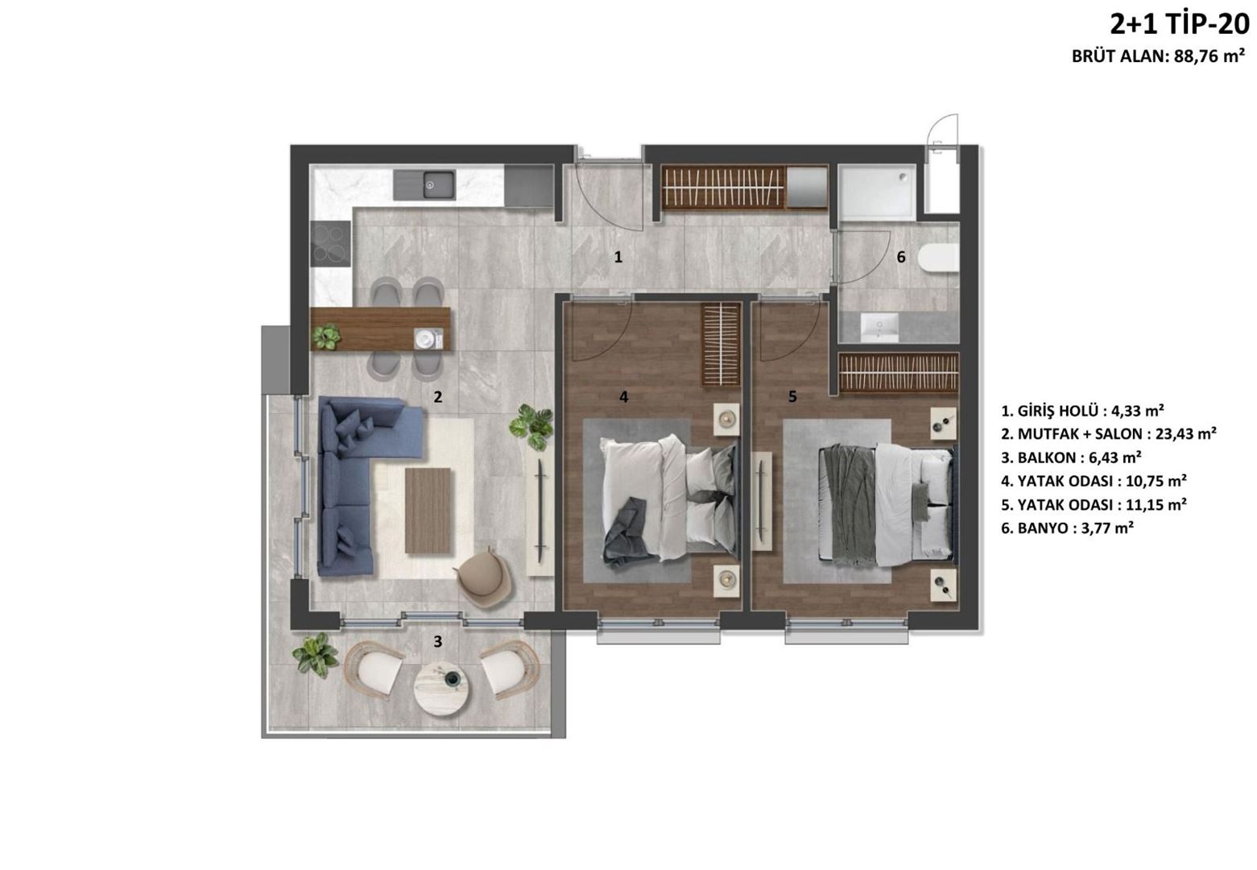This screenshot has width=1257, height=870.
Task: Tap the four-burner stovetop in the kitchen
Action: pyautogui.click(x=330, y=243)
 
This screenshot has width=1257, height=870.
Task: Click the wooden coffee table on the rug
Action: pyautogui.click(x=428, y=511)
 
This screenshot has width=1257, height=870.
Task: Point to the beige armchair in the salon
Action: pyautogui.click(x=485, y=579)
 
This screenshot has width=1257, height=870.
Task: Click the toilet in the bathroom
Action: pyautogui.click(x=938, y=259)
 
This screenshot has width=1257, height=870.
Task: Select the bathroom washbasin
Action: pyautogui.click(x=879, y=328)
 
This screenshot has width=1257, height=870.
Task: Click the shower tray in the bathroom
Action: pyautogui.click(x=877, y=193)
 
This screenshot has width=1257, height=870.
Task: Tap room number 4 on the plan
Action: pyautogui.click(x=623, y=397)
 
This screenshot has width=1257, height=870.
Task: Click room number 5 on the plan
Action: pyautogui.click(x=792, y=397)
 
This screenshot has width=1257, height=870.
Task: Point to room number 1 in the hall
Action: pyautogui.click(x=618, y=257)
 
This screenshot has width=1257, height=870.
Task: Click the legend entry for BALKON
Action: pyautogui.click(x=1071, y=458)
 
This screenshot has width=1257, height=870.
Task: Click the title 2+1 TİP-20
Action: pyautogui.click(x=1180, y=25)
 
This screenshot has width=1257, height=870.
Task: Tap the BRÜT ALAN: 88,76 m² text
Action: pyautogui.click(x=1158, y=56)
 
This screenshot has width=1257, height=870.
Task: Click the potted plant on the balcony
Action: pyautogui.click(x=315, y=655)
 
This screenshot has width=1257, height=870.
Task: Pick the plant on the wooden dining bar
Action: pyautogui.click(x=326, y=336)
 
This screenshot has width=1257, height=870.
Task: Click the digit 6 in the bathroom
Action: pyautogui.click(x=901, y=257)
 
